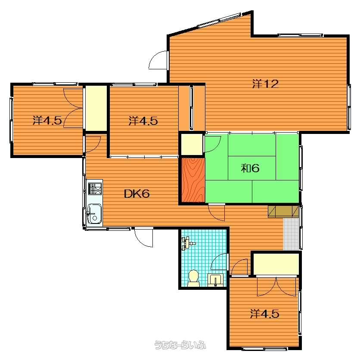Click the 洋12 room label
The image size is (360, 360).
tap(265, 84)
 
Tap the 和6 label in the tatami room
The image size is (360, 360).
tap(250, 168)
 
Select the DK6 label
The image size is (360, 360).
tap(137, 194)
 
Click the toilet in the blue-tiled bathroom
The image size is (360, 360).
tap(193, 278)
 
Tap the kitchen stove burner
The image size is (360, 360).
tap(95, 189)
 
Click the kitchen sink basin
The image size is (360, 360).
tap(94, 214)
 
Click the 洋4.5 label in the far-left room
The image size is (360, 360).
tap(47, 120)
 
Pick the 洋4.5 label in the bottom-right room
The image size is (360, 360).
tap(264, 313)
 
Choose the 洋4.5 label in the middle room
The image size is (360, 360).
tap(143, 121)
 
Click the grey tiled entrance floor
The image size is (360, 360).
tap(291, 234)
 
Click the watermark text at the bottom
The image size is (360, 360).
tap(180, 345)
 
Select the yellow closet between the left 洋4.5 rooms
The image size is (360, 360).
tap(96, 109)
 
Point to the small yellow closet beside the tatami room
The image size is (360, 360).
tap(192, 145)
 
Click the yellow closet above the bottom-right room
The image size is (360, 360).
tap(276, 264)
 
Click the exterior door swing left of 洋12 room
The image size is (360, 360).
tap(158, 60)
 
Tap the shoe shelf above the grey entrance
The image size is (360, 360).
tap(283, 211)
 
